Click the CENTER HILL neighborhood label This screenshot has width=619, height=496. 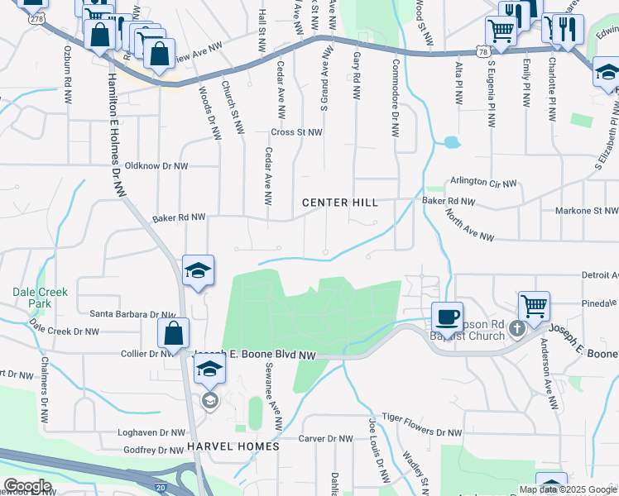coord(340,203)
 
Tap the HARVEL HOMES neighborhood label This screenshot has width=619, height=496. coord(233,446)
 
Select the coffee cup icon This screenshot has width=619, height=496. coord(448,317)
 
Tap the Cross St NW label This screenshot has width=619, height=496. coord(296,132)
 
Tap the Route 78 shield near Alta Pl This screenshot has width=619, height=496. coord(482,52)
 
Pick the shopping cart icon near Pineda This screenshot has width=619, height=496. coord(535,306)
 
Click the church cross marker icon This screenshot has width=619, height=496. coord(516,329)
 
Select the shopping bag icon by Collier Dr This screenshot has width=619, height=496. coord(174,335)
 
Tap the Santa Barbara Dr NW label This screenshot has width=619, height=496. coord(133,315)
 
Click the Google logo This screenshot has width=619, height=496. coord(27,486)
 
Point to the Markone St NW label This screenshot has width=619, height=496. coord(588,212)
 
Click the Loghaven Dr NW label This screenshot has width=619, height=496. coord(152,432)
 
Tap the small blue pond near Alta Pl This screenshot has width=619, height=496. coord(451,142)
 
